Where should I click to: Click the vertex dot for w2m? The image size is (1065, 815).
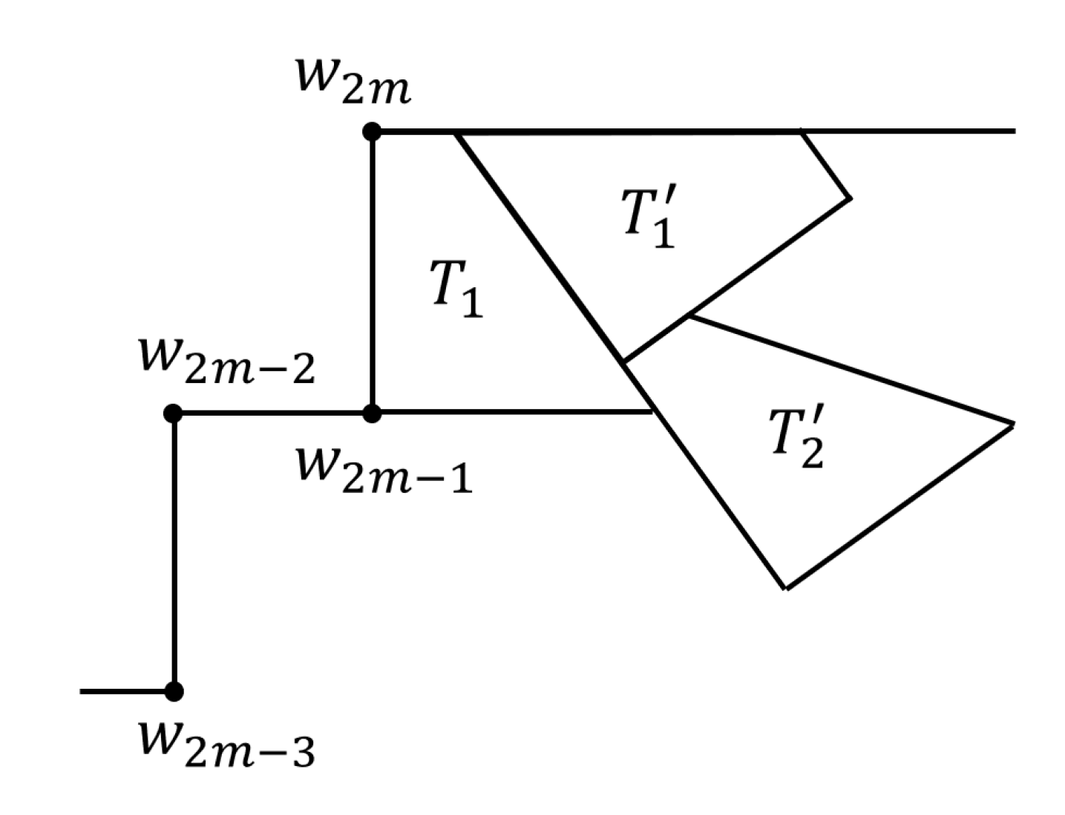(x=372, y=132)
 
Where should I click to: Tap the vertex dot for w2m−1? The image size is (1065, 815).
(x=372, y=413)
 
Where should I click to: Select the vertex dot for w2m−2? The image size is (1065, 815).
(x=173, y=413)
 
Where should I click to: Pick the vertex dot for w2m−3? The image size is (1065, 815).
(x=174, y=692)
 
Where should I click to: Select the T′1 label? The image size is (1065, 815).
(x=649, y=220)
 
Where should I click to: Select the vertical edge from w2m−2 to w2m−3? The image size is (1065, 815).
(x=174, y=553)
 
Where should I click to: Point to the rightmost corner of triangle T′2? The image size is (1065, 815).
(x=1012, y=425)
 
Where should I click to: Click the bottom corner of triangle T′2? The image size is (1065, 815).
(x=786, y=589)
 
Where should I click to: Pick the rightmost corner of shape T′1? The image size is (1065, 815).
(x=851, y=198)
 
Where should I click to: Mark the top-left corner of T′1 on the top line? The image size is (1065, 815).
(x=456, y=134)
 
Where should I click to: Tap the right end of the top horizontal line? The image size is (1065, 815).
(x=1014, y=131)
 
